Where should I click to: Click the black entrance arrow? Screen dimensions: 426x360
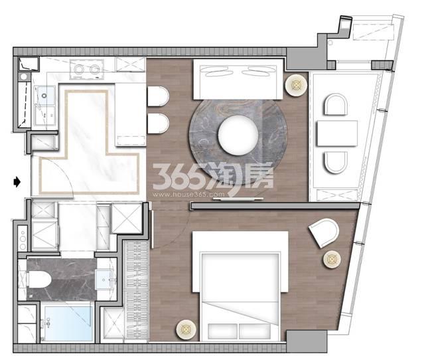coord(17,182)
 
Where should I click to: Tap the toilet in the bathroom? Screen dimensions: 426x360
coord(40,280)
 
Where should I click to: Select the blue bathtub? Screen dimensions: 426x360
coord(68,323)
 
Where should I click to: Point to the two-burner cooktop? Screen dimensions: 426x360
coord(87,69)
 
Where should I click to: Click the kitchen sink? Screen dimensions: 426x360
coord(44,96)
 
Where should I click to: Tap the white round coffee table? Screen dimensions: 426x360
coord(238,135)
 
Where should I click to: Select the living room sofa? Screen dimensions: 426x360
coord(238,79)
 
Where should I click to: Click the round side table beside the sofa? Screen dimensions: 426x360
coord(296,85)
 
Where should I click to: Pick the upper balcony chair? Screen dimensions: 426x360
coord(336,104)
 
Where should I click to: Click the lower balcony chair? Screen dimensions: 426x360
coord(336,162)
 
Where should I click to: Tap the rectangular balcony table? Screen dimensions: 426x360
coord(337,134)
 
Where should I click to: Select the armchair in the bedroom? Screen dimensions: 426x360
coord(324,232)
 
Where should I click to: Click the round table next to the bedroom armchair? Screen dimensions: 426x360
coord(332,259)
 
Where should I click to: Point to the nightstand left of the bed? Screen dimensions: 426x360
coord(186,330)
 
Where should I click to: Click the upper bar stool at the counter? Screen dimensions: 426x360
coord(158,96)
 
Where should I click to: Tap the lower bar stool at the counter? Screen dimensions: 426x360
coord(158,124)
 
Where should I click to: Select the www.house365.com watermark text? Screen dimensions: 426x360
coord(188,195)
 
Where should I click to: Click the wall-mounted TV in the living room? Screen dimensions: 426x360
coord(238,199)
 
